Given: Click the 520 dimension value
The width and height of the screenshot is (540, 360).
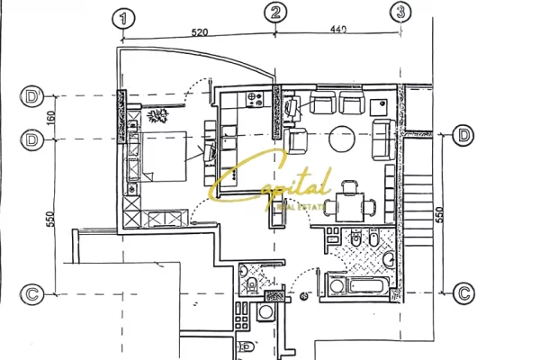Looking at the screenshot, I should click(200, 31).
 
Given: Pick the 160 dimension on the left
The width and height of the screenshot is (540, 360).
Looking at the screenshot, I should click(51, 117).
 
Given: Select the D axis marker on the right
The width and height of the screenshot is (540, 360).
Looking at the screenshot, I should click(463, 136).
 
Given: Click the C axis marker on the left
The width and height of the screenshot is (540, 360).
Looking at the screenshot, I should click(32, 293).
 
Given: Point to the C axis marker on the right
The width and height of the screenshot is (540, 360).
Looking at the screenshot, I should click(463, 292).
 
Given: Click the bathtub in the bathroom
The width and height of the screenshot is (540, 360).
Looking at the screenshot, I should click(360, 287).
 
